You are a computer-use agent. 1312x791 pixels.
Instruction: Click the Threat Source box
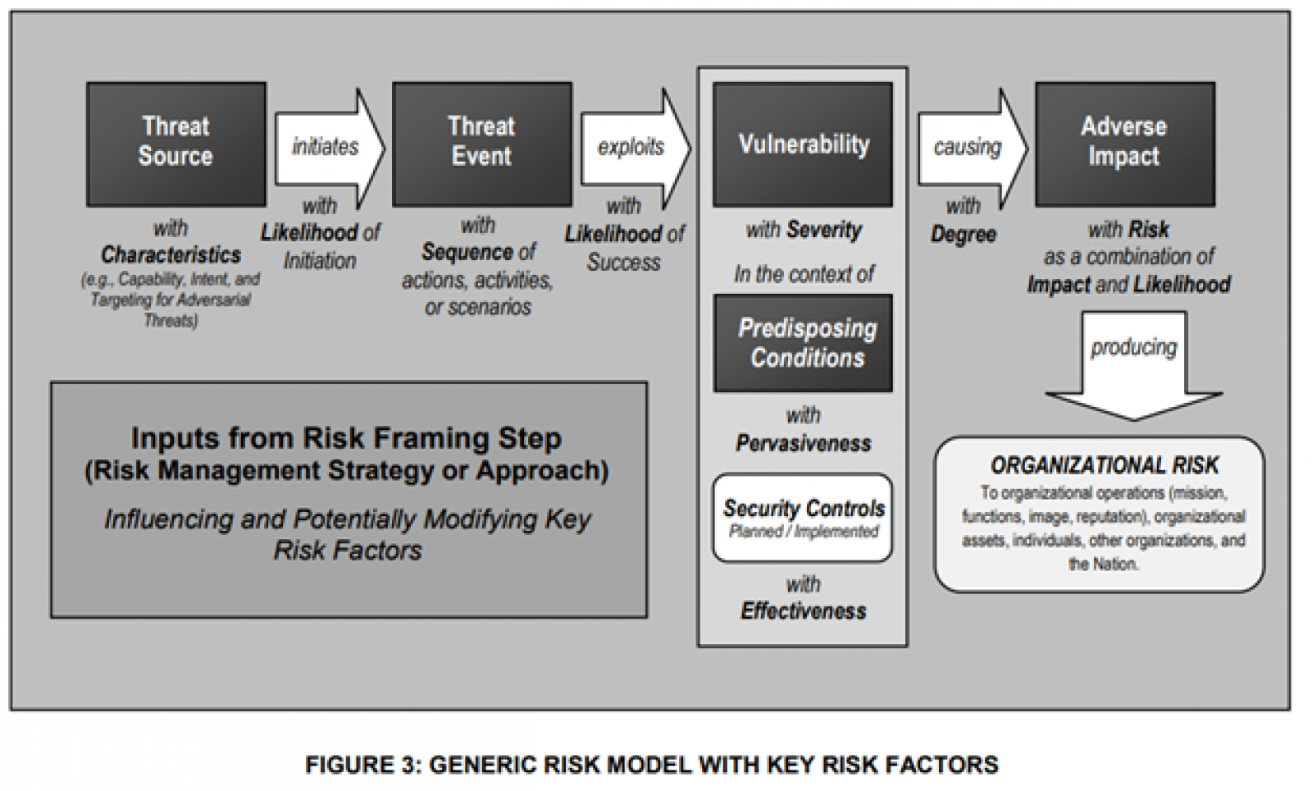click(x=175, y=144)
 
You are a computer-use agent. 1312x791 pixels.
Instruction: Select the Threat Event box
click(x=481, y=144)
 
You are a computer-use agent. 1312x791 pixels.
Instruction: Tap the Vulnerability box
click(x=803, y=144)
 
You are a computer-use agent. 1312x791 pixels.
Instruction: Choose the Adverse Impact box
click(x=1124, y=144)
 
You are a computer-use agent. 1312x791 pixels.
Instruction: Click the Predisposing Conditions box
click(x=803, y=343)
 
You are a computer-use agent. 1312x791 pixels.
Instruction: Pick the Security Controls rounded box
click(x=803, y=518)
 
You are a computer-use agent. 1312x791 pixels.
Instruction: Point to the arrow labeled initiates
click(x=328, y=147)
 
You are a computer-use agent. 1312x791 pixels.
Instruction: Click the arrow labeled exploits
click(x=634, y=147)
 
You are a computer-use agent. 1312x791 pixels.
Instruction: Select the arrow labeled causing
click(x=970, y=147)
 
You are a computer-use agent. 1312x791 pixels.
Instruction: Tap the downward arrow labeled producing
click(x=1133, y=361)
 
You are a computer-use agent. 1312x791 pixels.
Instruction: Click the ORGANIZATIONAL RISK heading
click(x=1104, y=466)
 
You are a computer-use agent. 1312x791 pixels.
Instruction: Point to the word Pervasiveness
click(x=803, y=444)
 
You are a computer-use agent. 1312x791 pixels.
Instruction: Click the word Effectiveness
click(x=803, y=611)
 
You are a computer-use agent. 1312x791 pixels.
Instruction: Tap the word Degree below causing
click(x=963, y=235)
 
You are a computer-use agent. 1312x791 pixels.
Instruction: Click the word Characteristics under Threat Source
click(x=171, y=254)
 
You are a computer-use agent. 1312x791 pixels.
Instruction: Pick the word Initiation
click(x=320, y=261)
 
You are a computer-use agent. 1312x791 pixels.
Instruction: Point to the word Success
click(x=623, y=263)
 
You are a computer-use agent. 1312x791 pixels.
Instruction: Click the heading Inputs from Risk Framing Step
click(x=346, y=438)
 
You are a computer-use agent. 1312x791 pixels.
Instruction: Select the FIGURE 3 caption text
click(x=651, y=765)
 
